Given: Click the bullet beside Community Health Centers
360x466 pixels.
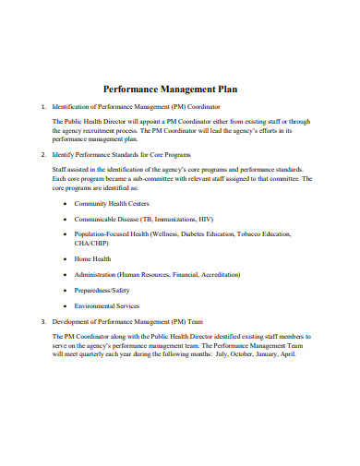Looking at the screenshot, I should (x=63, y=203).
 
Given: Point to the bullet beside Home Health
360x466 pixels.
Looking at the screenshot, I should (x=63, y=259).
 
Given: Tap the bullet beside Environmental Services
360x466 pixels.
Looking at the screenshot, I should (x=63, y=305).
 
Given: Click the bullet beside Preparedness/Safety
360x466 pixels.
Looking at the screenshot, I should (x=63, y=290).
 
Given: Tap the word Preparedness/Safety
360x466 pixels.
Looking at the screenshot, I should (x=102, y=290).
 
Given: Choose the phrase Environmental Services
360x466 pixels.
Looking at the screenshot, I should (x=107, y=305).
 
